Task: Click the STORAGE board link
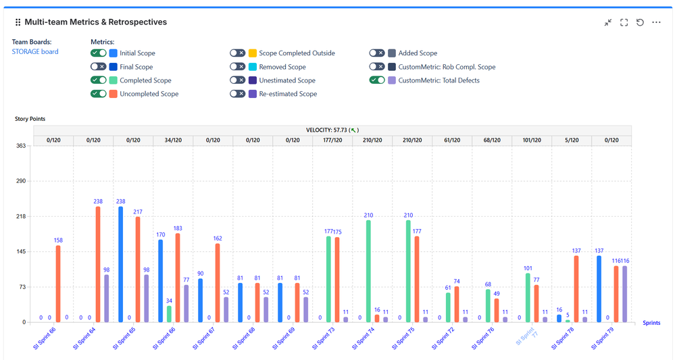(x=35, y=51)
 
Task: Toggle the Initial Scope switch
(x=99, y=53)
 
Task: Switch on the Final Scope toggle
(x=99, y=67)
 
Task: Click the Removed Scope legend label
(x=282, y=67)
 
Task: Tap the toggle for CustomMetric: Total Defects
(x=377, y=80)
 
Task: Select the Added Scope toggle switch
(x=377, y=53)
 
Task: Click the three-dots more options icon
(x=656, y=22)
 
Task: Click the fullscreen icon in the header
(x=624, y=22)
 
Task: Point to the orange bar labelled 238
(x=98, y=264)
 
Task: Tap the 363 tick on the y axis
(x=21, y=145)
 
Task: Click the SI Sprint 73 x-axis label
(x=323, y=336)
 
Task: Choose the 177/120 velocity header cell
(x=332, y=140)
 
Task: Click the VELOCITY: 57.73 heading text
(x=331, y=130)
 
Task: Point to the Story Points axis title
(x=30, y=119)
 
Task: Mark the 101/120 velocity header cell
(x=532, y=140)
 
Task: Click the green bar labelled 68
(x=488, y=305)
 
